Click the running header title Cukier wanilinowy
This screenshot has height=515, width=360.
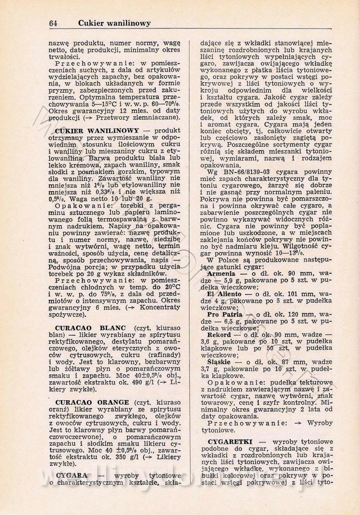tap(114, 23)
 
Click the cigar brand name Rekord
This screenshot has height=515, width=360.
tap(220, 335)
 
